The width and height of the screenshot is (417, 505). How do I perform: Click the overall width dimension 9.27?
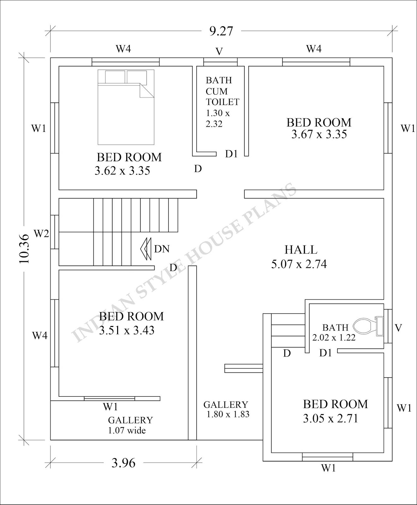(221, 31)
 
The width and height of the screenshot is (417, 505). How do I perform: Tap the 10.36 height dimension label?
(24, 249)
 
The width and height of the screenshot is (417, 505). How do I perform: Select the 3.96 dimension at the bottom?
(123, 463)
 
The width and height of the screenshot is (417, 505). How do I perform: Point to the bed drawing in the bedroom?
(126, 108)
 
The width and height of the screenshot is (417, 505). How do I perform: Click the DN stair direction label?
(162, 249)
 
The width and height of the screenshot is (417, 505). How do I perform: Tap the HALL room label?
(301, 250)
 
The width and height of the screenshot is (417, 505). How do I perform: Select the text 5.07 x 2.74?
(299, 264)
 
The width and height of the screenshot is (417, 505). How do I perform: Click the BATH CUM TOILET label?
(222, 91)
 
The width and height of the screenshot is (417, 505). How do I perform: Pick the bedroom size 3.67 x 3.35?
(319, 134)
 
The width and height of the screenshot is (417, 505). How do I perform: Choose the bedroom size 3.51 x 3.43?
(127, 330)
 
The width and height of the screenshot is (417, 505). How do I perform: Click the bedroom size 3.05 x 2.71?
(331, 419)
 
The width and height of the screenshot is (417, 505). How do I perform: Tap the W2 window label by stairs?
(41, 234)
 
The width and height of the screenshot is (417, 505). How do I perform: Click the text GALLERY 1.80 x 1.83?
(226, 409)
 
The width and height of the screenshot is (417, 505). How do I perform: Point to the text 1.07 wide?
(127, 430)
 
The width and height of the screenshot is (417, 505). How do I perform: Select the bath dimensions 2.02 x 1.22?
(334, 337)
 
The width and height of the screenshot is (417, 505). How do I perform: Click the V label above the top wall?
(219, 51)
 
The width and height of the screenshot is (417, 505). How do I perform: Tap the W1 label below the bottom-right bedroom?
(328, 468)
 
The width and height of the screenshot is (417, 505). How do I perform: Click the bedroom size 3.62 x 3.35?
(122, 171)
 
